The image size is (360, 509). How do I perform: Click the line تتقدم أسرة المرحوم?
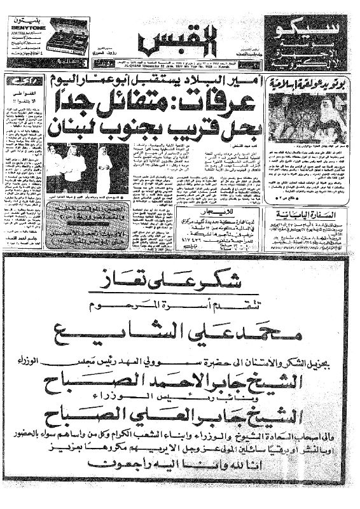pyautogui.click(x=180, y=302)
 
